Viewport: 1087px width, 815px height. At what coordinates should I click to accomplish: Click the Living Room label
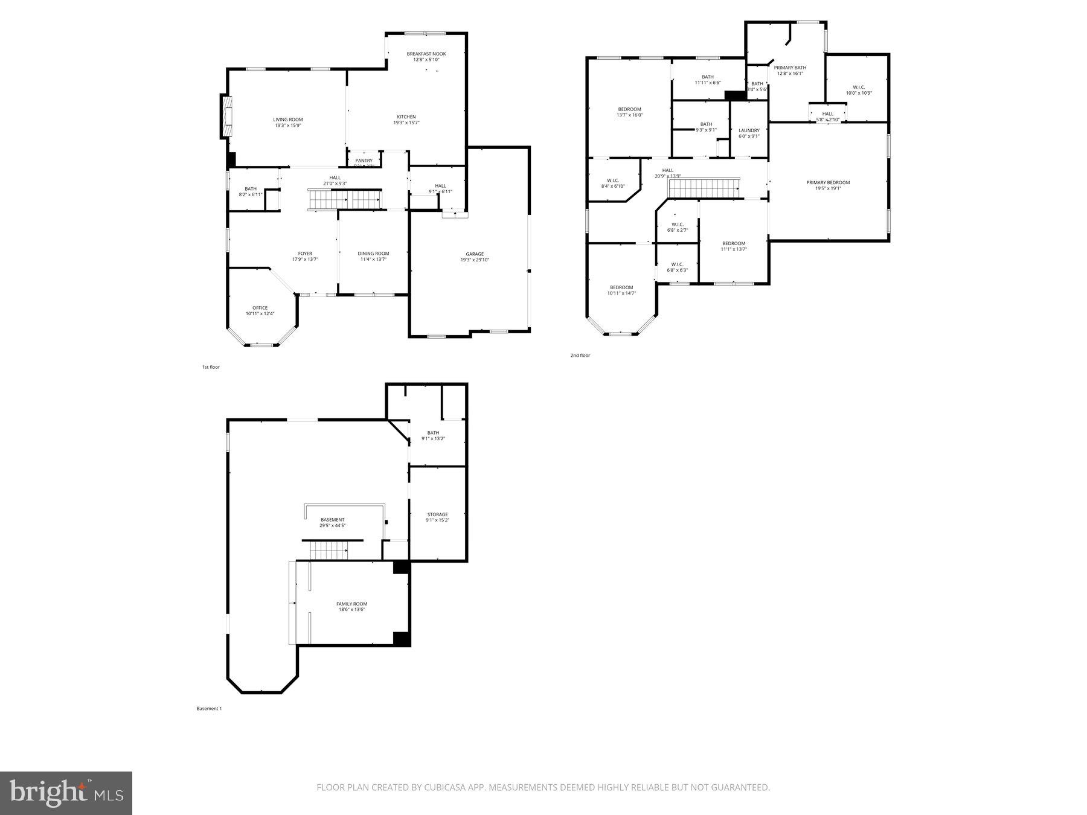287,120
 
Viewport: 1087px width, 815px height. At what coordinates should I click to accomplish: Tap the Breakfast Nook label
426,54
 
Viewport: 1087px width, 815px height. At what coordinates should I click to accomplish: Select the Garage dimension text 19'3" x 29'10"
474,260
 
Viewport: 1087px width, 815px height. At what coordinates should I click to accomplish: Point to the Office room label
260,308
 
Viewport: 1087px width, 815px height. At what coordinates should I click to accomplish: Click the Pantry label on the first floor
364,161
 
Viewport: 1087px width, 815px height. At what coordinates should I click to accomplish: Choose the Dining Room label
373,254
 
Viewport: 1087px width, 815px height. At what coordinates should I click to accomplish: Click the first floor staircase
345,199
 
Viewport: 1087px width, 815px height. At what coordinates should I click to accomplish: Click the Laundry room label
749,130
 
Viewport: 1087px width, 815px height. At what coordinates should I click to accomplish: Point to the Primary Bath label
790,68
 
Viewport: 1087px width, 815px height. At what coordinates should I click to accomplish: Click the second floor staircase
704,188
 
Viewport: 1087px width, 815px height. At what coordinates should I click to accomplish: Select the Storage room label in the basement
437,514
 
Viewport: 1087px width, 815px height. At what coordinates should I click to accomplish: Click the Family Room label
351,604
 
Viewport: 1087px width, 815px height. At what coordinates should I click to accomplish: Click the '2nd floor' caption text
580,356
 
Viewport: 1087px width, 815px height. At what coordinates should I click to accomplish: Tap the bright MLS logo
66,793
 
